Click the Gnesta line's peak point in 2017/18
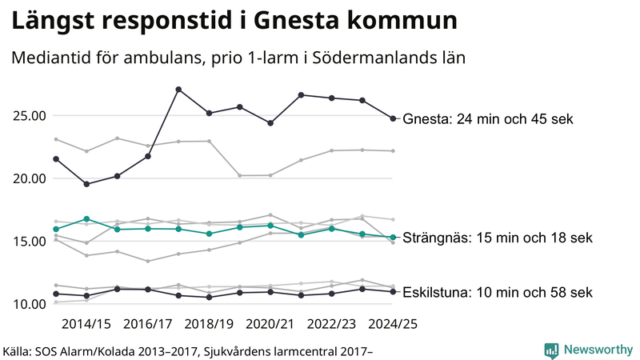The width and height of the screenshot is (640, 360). tap(178, 89)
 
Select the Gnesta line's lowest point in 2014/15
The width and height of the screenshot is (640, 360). tap(86, 184)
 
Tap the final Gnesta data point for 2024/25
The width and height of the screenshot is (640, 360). tap(393, 118)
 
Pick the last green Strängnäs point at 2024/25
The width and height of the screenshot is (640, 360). tap(393, 237)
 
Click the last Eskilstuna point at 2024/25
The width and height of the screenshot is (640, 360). tap(393, 291)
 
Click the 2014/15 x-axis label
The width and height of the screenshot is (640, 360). tap(86, 324)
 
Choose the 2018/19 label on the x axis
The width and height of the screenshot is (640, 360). tap(209, 324)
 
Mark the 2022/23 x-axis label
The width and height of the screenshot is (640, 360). tap(331, 324)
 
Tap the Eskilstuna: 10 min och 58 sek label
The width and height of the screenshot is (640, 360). tap(498, 292)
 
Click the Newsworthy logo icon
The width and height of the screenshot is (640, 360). tap(551, 350)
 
